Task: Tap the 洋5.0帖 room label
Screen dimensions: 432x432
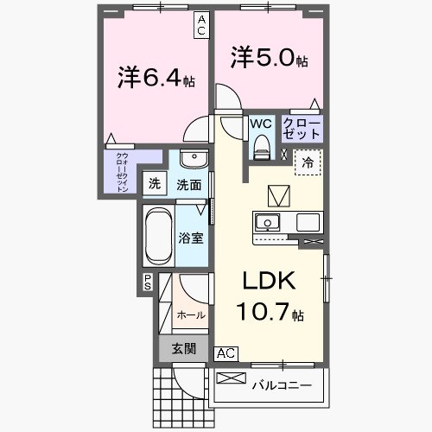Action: pos(269,58)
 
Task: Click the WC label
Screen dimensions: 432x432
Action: pos(261,124)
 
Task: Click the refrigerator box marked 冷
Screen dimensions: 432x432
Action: pos(308,162)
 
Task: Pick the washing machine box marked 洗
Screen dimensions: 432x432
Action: pos(154,183)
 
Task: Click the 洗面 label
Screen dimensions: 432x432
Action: pos(189,184)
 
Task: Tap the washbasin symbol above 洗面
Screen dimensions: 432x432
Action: pos(194,162)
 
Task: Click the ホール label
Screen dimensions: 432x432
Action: pos(190,315)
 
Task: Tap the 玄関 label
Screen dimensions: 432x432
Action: pos(182,348)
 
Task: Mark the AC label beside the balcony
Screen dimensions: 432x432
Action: pos(225,353)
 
